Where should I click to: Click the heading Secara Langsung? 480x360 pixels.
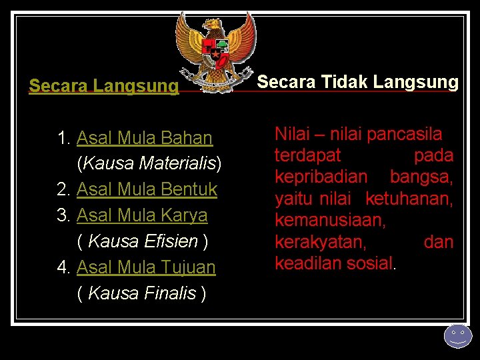(x=104, y=86)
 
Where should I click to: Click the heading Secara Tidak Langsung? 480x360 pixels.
(x=357, y=82)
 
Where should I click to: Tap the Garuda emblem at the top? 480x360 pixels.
(x=215, y=51)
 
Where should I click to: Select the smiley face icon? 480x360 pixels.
(x=457, y=335)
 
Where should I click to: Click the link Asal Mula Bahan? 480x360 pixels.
(x=145, y=138)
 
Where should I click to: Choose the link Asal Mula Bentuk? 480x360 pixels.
(x=147, y=189)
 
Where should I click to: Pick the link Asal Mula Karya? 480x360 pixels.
(x=142, y=215)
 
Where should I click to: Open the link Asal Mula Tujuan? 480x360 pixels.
(x=146, y=267)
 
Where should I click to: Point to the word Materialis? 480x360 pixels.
(x=178, y=163)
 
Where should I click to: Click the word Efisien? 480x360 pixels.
(x=171, y=241)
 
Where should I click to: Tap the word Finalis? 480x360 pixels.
(x=169, y=293)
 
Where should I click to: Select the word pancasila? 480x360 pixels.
(x=404, y=134)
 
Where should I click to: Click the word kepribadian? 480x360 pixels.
(x=321, y=177)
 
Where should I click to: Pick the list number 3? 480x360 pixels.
(x=63, y=215)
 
